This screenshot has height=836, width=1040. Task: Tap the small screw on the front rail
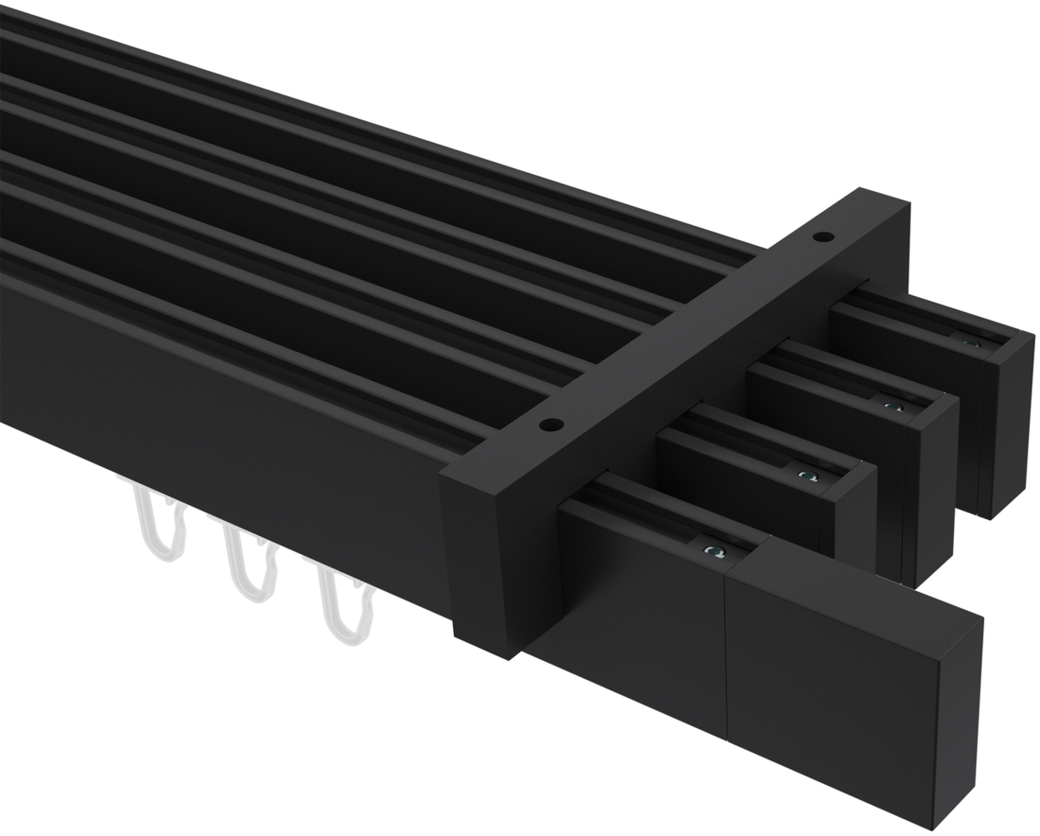coord(711,550)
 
